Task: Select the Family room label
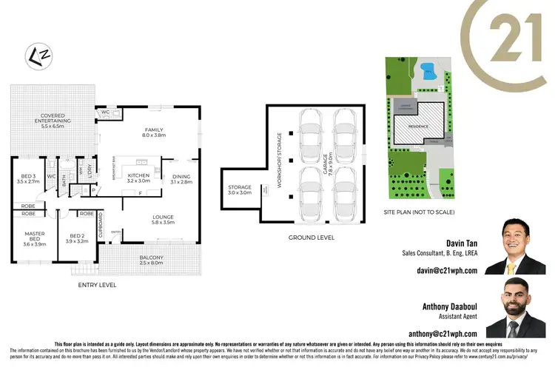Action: coord(154,132)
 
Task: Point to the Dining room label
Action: coord(181,178)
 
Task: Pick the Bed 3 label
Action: coord(27,177)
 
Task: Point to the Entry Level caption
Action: coord(97,285)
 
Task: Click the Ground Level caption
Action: coord(311,238)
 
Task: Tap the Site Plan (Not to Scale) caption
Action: coord(419,212)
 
